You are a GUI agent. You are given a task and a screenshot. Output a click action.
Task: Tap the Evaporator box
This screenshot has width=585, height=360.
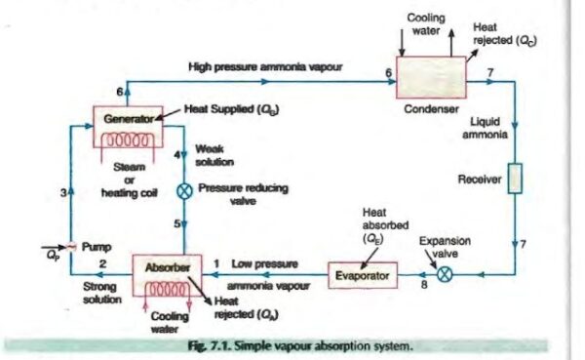pyautogui.click(x=362, y=275)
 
